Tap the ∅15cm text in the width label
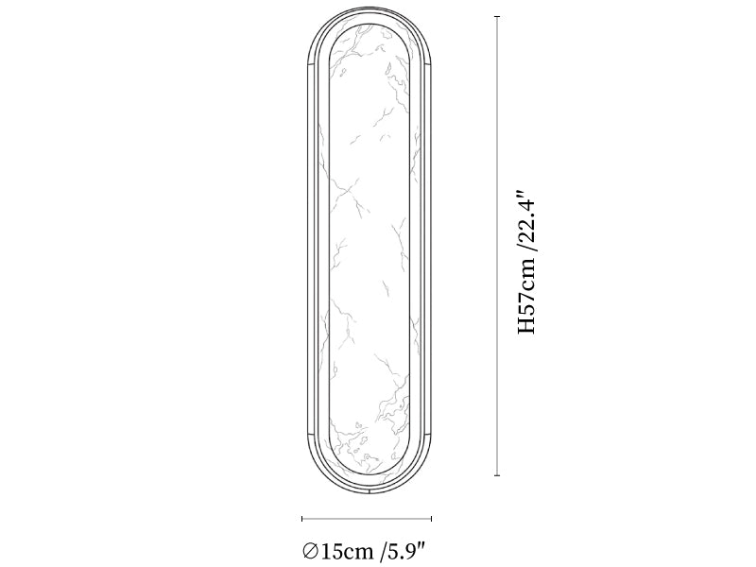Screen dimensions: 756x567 click(x=338, y=551)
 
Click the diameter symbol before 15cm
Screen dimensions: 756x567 click(x=310, y=551)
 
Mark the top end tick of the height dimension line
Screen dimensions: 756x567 click(x=497, y=17)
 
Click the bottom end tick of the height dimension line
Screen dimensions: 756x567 click(x=497, y=475)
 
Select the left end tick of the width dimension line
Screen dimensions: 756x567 click(x=302, y=519)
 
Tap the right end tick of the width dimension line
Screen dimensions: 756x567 click(x=431, y=519)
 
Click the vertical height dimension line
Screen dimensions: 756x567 click(x=497, y=246)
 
